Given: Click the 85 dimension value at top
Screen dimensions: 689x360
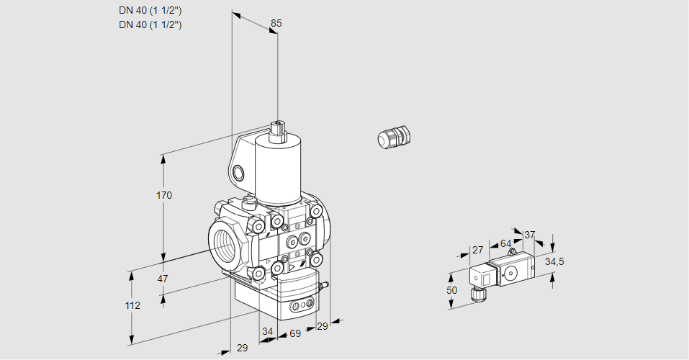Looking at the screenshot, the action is coord(276,23).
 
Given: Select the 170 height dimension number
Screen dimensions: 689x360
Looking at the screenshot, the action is coord(164,195).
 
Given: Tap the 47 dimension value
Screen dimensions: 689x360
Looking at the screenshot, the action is coord(163,279).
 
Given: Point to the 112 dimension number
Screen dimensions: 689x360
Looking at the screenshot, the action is coord(132,305).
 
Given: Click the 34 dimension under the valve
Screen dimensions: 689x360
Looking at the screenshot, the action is coord(267,331).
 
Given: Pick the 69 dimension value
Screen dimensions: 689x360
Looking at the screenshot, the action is coord(295,333).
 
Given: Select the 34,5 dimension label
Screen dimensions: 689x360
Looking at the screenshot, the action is coord(554,261).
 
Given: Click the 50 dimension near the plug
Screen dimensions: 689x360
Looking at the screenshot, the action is coord(451,290).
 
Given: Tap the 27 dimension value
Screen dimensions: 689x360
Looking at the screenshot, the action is coord(477,250).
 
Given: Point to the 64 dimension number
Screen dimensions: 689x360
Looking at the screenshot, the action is coord(505,243).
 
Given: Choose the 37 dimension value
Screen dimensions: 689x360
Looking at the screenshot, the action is coord(529,235).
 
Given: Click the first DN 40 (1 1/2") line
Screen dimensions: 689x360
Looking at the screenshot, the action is coord(150,11).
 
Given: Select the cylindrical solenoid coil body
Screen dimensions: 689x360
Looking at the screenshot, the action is coord(278,172).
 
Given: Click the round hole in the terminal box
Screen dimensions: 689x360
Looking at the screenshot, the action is coord(238,173).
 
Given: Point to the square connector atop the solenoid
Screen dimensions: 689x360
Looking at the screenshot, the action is coord(278,131).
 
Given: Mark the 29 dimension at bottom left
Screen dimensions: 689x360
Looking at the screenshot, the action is coord(242,348).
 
